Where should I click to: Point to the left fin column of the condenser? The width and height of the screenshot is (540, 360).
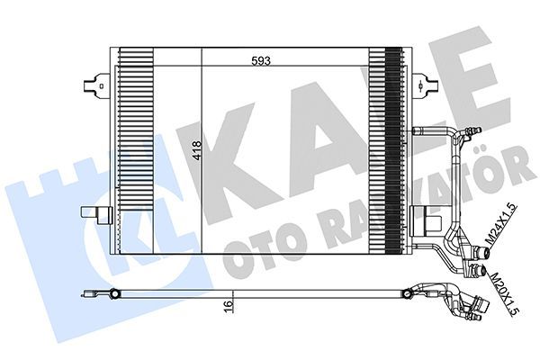135,148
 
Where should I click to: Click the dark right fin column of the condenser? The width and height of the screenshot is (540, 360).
391,148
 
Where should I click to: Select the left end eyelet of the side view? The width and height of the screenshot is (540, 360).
115,293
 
